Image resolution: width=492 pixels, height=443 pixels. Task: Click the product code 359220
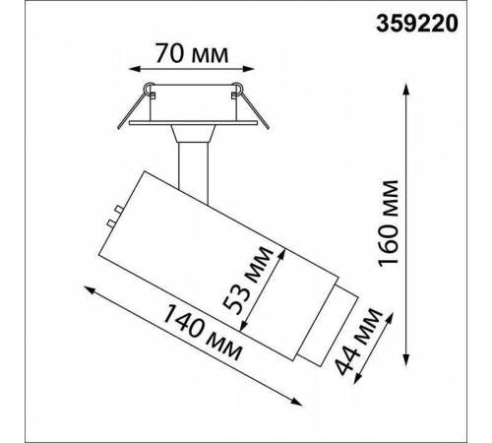tap(416, 24)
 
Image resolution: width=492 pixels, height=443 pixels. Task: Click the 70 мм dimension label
tap(192, 53)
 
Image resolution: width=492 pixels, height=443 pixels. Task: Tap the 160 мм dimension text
tap(388, 223)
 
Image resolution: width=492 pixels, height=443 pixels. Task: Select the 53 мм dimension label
tap(248, 280)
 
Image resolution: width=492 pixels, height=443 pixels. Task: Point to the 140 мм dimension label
tap(203, 332)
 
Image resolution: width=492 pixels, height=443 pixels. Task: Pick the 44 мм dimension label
tap(359, 342)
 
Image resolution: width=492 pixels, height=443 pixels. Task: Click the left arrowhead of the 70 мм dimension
tap(134, 69)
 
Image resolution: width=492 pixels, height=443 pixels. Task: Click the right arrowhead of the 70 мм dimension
tap(249, 69)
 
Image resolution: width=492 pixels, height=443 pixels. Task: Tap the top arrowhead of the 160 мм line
tap(406, 90)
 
